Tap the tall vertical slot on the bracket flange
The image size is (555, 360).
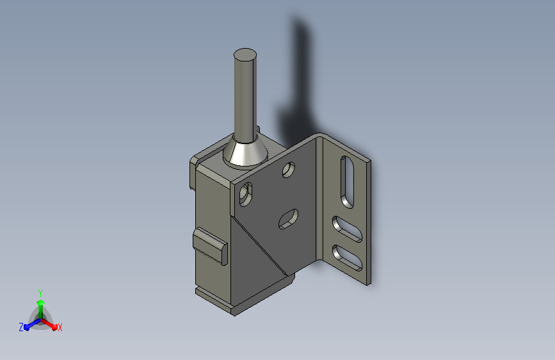[x=347, y=182]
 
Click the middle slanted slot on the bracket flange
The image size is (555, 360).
[x=347, y=229]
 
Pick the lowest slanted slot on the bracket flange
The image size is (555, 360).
[x=347, y=258]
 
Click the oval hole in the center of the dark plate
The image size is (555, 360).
[x=288, y=219]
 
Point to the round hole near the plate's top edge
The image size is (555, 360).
[x=289, y=169]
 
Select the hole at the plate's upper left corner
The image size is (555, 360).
[x=246, y=194]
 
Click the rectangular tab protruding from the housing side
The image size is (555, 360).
[x=210, y=246]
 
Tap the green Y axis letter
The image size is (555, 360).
[x=40, y=293]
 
